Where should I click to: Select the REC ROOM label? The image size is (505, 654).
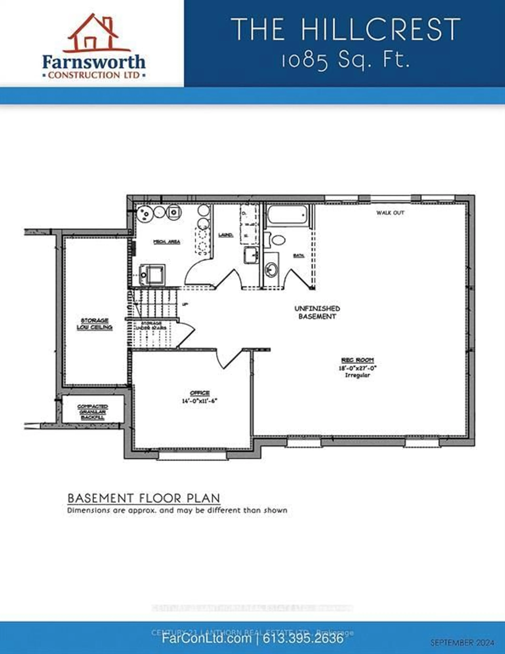358,360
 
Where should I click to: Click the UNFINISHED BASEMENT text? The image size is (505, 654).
317,312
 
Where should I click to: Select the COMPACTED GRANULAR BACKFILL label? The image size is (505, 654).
93,412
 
